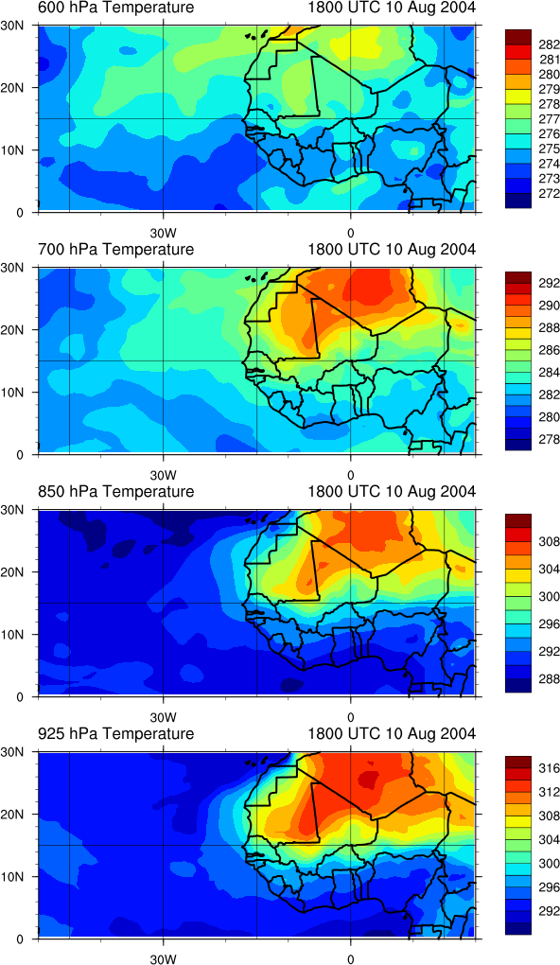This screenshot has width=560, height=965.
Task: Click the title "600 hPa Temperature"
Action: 115,8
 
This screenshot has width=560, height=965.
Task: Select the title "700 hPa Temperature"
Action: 115,249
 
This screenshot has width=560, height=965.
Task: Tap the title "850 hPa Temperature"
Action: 115,492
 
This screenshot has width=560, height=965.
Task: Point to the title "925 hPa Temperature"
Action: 115,733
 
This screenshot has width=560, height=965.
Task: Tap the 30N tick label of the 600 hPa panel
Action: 12,26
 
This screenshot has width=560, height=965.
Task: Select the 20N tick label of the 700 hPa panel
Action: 12,329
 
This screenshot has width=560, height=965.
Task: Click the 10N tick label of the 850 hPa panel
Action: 12,634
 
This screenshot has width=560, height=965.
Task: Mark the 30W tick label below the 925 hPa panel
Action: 163,958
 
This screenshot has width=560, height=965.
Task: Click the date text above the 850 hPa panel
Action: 392,492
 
